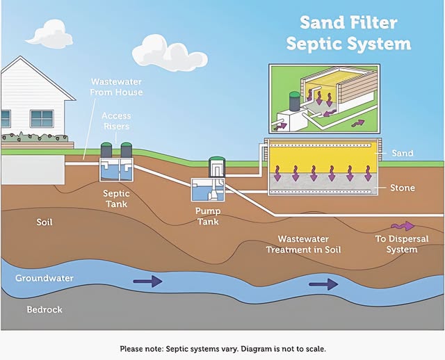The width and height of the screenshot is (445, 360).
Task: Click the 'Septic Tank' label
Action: tap(116, 199)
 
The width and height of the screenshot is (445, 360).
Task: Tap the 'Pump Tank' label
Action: tap(208, 216)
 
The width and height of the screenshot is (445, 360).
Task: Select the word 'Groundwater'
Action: tap(44, 278)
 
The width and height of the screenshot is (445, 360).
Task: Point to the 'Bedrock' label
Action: tap(44, 309)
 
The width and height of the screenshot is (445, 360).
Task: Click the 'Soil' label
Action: tap(44, 222)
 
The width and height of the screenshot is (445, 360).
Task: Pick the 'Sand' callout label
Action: tap(403, 153)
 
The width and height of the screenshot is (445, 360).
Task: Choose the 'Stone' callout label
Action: tap(403, 188)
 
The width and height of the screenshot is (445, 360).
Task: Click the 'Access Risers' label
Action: tap(116, 121)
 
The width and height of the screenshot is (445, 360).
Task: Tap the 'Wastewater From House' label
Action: tap(116, 87)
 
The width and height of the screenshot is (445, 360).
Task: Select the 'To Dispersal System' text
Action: tap(402, 244)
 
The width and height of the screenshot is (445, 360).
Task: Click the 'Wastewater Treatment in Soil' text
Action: tap(303, 244)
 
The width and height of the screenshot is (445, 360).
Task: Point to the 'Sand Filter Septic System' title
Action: tap(348, 33)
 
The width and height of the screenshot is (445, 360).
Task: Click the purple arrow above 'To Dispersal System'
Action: tap(403, 226)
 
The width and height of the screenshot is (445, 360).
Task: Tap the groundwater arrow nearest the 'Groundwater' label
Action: tap(147, 281)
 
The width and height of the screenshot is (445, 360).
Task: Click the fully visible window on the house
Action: tap(42, 119)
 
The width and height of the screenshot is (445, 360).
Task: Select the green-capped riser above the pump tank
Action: tap(217, 167)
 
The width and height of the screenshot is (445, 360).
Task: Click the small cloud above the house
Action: tap(49, 35)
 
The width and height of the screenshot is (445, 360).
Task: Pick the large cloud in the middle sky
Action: tap(170, 53)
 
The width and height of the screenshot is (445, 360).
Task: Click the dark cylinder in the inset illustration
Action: tap(294, 101)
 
